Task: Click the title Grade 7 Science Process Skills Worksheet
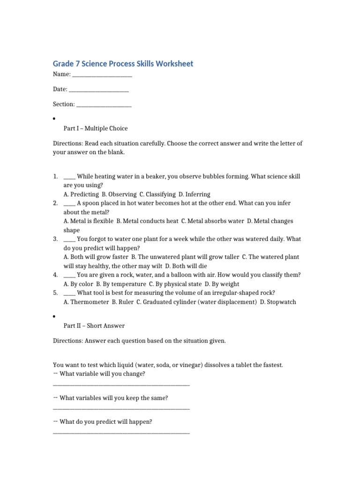[x=123, y=64]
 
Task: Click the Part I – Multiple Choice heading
[x=96, y=128]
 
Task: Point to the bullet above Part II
[x=55, y=316]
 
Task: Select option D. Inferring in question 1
[x=194, y=194]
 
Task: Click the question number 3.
[x=55, y=239]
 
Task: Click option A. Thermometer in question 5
[x=86, y=302]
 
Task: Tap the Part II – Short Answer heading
[x=94, y=325]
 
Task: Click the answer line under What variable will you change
[x=121, y=385]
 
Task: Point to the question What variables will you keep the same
[x=114, y=398]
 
